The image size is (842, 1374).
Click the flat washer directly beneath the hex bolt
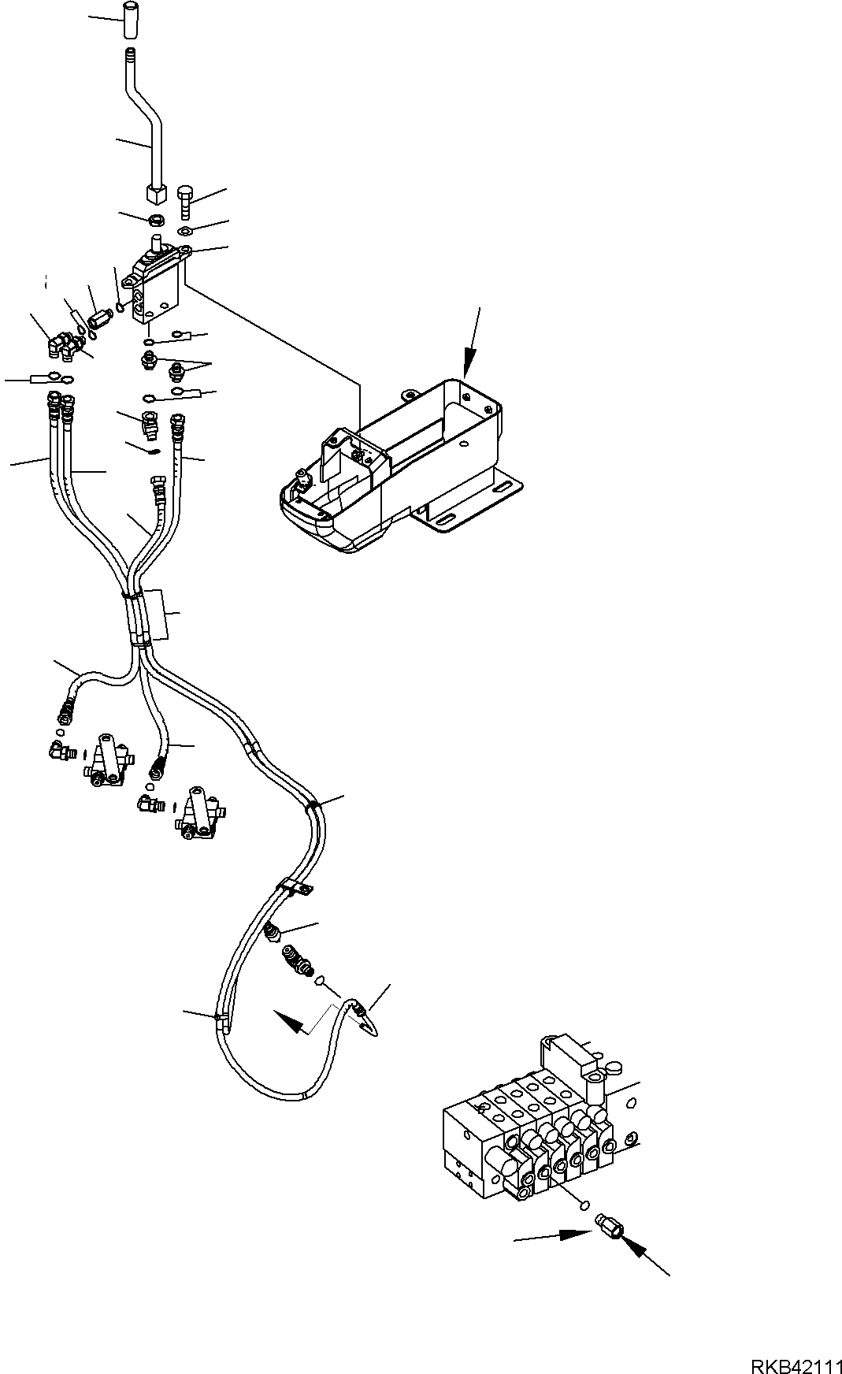point(184,230)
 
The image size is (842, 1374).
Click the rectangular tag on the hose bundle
point(158,614)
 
